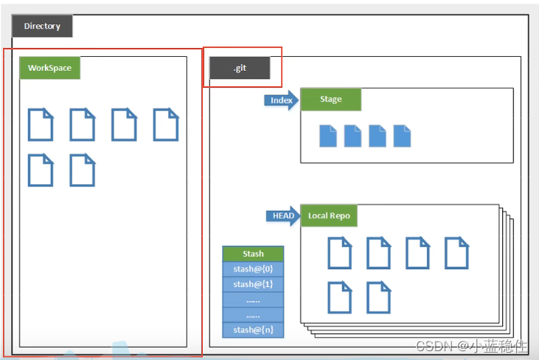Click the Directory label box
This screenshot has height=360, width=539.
pos(41,27)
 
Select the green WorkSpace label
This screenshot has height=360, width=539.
pos(49,68)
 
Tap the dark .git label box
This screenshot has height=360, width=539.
pos(239,68)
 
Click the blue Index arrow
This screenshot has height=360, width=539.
pos(280,100)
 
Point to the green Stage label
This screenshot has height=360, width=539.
pos(330,100)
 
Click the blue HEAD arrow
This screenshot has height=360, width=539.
pos(282,216)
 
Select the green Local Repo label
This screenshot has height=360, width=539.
pos(328,216)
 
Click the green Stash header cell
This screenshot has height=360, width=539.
pos(253,254)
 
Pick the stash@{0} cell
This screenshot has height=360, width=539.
pos(253,269)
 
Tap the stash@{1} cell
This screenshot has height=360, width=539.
pos(253,284)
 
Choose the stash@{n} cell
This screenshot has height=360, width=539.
pos(253,329)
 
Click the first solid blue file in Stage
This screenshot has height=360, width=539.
pos(328,136)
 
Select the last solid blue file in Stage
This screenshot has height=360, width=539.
pos(402,136)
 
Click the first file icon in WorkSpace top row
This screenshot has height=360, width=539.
pos(41,125)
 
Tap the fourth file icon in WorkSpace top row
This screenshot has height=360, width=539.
pos(166,125)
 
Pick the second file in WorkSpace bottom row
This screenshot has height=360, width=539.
pos(83,170)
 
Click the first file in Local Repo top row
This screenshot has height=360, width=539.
pos(340,253)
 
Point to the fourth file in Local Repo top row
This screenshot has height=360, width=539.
pos(456,253)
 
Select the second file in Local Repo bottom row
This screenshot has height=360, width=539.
pos(378,297)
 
